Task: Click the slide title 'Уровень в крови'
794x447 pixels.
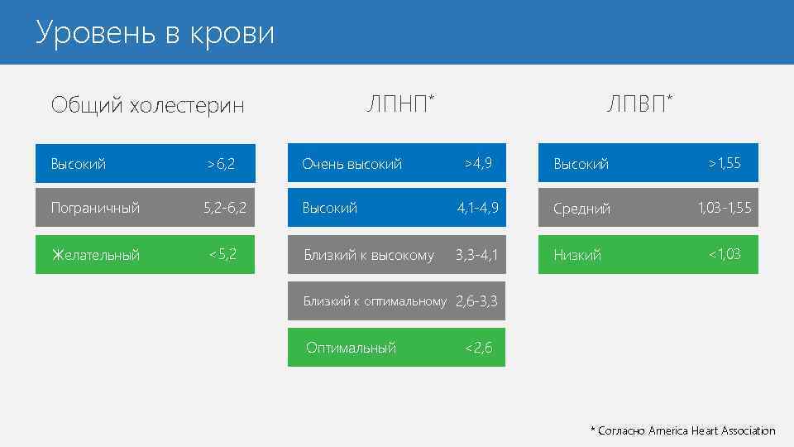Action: pos(155,34)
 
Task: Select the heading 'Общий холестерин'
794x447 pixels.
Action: pos(147,105)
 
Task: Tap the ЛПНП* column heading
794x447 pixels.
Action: pos(400,103)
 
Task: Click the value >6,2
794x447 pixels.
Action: pos(221,164)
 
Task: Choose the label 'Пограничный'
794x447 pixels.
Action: pos(95,208)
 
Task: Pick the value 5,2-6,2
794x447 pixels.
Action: pos(225,208)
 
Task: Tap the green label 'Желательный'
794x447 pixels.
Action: pos(95,255)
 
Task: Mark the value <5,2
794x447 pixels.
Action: pos(222,254)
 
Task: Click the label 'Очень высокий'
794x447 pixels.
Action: pos(352,164)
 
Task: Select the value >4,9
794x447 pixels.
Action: pos(478,163)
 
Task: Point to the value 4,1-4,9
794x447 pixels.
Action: pos(478,208)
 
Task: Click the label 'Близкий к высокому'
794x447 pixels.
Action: pos(368,255)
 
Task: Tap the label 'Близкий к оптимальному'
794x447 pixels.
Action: pos(375,301)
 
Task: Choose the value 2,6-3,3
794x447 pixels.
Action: pos(477,301)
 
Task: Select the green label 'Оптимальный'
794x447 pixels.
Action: pos(351,348)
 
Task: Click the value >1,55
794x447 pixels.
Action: pos(725,163)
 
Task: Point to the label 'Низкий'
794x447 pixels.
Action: pos(577,255)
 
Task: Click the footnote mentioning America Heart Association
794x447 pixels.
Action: pos(682,430)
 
